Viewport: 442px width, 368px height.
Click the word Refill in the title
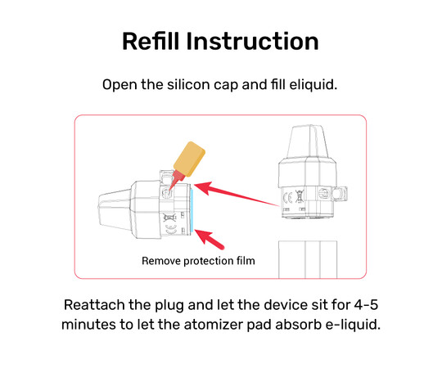point(151,41)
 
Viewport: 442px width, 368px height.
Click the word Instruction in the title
point(253,41)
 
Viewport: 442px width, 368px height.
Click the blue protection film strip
point(192,210)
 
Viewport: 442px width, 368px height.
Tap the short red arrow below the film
point(210,240)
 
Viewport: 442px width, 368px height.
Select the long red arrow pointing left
point(237,194)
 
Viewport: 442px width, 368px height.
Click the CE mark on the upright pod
point(288,198)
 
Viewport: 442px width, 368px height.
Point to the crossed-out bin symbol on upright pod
point(299,196)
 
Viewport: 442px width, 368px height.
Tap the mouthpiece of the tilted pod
point(115,209)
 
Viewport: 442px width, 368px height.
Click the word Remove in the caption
point(161,261)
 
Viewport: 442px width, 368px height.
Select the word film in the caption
point(246,261)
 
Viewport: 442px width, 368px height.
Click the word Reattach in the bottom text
point(94,305)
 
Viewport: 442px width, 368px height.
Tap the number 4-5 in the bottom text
point(366,305)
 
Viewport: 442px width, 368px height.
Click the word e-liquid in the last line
point(353,325)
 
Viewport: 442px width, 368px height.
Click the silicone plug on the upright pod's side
point(340,194)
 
